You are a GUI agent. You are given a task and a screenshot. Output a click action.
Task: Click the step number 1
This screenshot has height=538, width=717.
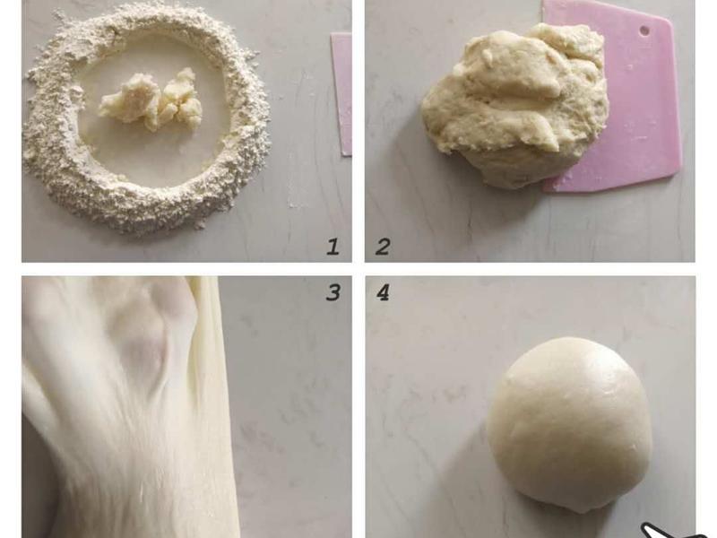tap(333, 247)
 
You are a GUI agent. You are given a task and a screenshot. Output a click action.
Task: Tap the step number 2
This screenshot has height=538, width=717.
tap(383, 247)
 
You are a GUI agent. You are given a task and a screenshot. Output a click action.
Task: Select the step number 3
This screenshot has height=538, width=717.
tap(333, 292)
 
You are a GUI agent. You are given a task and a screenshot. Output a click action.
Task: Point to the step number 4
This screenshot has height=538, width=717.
tap(383, 292)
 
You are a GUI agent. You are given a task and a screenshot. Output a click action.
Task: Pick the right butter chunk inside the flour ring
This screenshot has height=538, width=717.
tap(178, 100)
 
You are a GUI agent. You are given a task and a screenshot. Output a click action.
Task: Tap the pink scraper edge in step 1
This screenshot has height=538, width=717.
tap(342, 94)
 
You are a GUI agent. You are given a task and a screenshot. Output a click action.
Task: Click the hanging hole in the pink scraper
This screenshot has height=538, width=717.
tap(644, 30)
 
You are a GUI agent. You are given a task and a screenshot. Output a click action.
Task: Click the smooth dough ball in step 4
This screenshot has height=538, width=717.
tap(569, 423)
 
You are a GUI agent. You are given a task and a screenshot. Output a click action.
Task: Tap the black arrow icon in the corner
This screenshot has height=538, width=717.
tap(672, 532)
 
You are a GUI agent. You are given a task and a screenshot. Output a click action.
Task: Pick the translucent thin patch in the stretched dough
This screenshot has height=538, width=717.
tap(142, 348)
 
